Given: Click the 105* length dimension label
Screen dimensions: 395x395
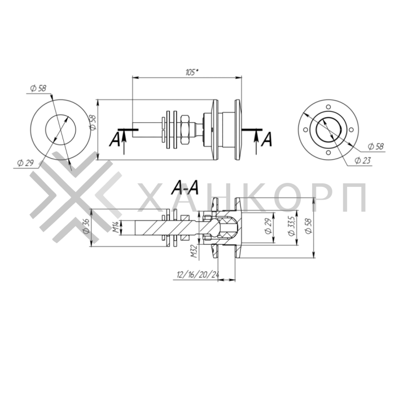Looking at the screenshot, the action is click(192, 73).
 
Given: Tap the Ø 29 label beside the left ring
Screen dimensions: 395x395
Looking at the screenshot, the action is click(25, 163).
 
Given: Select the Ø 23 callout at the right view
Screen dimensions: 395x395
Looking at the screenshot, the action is click(363, 160).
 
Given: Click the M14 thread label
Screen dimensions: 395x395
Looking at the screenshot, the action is click(116, 227).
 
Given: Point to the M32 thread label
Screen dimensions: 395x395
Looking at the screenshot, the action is click(194, 251).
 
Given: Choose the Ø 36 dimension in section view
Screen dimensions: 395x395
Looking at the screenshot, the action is click(86, 226).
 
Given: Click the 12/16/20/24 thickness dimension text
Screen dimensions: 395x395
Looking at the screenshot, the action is click(198, 275).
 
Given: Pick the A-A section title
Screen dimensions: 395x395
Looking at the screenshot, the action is click(185, 188).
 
